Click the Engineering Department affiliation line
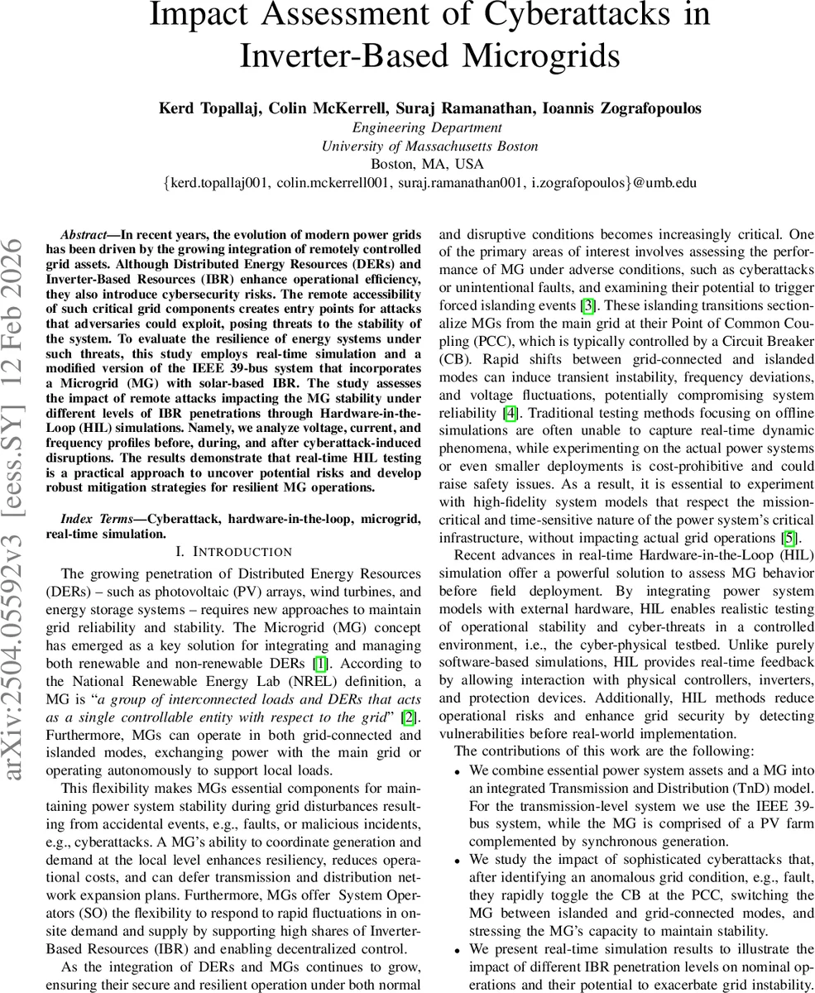tap(427, 127)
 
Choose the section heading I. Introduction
tap(234, 551)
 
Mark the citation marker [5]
tap(789, 537)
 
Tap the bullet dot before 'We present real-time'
tap(458, 950)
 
